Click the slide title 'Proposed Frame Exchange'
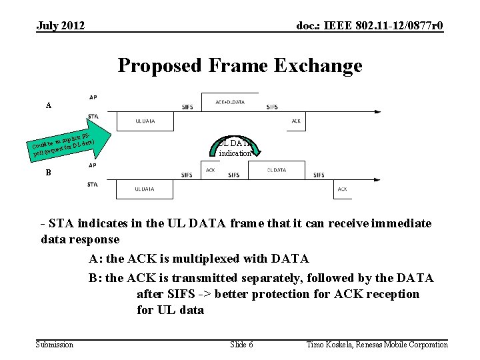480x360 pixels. pos(240,66)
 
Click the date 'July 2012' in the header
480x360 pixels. pos(61,26)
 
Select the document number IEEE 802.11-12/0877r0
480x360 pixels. pos(369,26)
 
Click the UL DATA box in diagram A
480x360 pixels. pos(145,121)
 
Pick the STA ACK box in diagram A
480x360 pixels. pos(296,121)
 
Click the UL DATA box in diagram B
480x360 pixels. pos(145,189)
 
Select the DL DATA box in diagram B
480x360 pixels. pos(275,171)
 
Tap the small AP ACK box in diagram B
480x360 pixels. pos(211,171)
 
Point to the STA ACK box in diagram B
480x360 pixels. pos(341,189)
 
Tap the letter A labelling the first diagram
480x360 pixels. pos(48,105)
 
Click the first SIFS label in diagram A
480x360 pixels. pos(188,107)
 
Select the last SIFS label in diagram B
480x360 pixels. pos(318,175)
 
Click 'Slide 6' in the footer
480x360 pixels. pos(241,344)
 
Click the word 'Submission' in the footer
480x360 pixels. pos(55,344)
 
